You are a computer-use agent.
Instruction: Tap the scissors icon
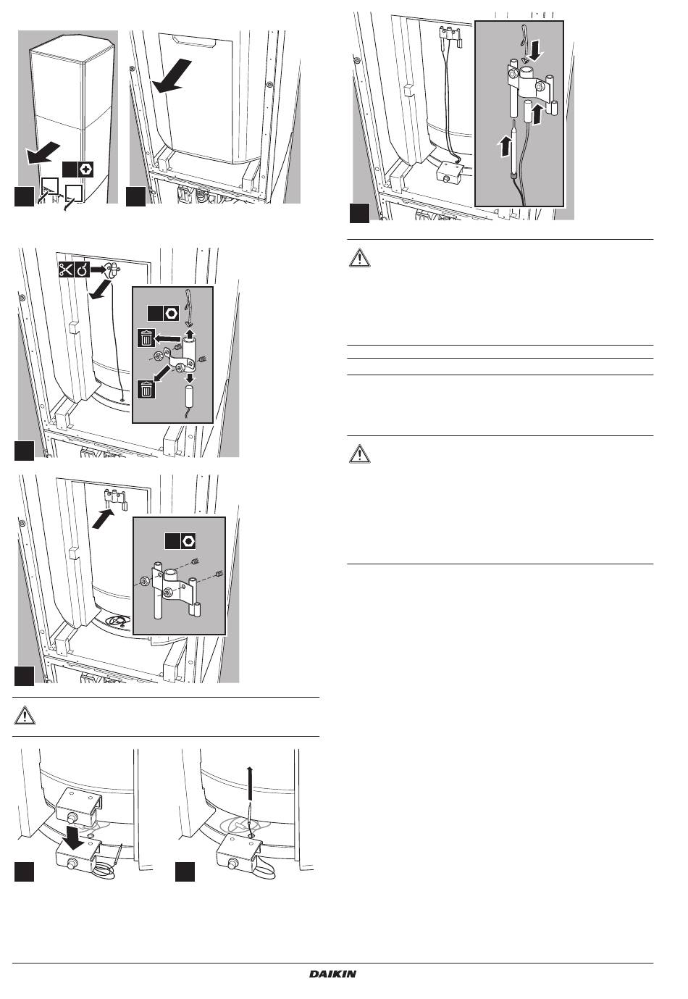pyautogui.click(x=66, y=269)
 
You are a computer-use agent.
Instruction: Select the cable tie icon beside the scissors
pyautogui.click(x=82, y=269)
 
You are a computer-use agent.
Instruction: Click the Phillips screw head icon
pyautogui.click(x=85, y=170)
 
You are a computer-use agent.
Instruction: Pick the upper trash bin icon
pyautogui.click(x=146, y=339)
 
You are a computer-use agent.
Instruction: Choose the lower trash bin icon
pyautogui.click(x=146, y=389)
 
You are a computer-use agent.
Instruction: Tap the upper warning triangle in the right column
pyautogui.click(x=359, y=258)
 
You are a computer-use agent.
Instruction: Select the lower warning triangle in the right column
pyautogui.click(x=359, y=454)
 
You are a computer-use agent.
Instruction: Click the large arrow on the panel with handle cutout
pyautogui.click(x=172, y=77)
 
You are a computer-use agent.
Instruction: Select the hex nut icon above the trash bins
pyautogui.click(x=171, y=313)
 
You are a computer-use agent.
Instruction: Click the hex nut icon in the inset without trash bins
pyautogui.click(x=188, y=541)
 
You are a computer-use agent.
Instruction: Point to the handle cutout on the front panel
pyautogui.click(x=196, y=42)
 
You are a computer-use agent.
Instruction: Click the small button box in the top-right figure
pyautogui.click(x=451, y=170)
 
